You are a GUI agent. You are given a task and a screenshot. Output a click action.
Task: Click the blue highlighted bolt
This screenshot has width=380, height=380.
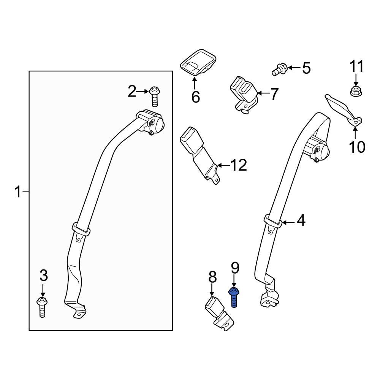(x=234, y=298)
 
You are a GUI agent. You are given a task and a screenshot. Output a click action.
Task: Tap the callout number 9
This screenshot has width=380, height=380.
(x=234, y=269)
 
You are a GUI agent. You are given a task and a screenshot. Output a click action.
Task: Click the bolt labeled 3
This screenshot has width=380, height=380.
(x=42, y=307)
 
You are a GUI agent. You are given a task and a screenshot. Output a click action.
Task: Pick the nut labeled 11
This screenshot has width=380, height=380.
(x=355, y=91)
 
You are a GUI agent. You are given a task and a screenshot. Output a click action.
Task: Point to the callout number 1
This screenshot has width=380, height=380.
(x=17, y=192)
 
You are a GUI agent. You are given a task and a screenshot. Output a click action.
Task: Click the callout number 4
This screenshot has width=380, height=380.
(x=301, y=220)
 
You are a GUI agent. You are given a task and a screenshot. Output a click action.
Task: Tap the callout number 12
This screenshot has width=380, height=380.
(x=238, y=165)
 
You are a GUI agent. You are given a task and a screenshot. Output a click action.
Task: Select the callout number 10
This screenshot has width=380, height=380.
(x=356, y=146)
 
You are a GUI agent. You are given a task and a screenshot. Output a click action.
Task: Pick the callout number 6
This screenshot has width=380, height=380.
(x=195, y=97)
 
